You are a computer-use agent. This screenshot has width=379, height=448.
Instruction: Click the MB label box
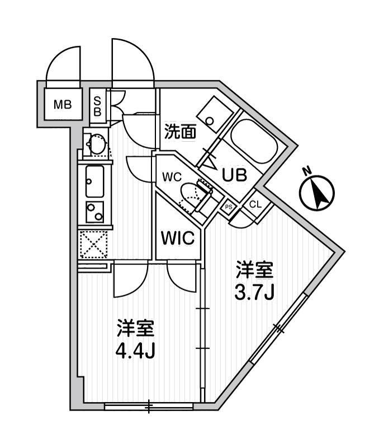click(62, 104)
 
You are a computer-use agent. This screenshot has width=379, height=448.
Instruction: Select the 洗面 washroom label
click(180, 132)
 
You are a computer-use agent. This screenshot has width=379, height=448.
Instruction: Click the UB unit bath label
click(235, 174)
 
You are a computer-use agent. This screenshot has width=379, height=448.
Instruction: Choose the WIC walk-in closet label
click(178, 237)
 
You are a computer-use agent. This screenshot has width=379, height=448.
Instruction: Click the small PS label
click(229, 207)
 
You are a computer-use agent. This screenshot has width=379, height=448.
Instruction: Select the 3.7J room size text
click(253, 292)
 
